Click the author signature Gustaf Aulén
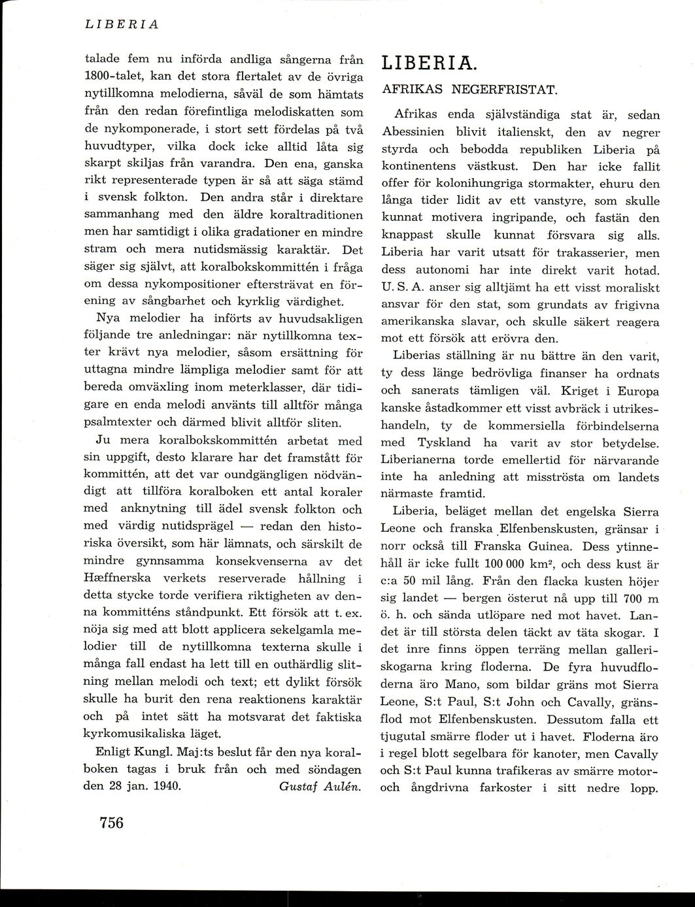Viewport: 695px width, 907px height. pyautogui.click(x=320, y=786)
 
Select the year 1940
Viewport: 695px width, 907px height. pyautogui.click(x=167, y=786)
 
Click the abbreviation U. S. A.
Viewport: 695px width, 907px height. pyautogui.click(x=404, y=288)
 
